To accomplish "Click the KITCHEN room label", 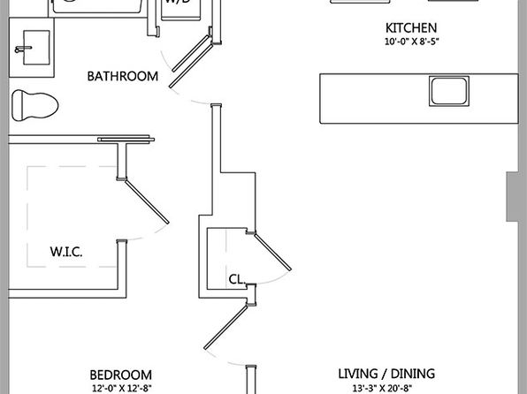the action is [411, 28].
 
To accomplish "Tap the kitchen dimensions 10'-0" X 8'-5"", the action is [412, 42].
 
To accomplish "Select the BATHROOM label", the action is [123, 76].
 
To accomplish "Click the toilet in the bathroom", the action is [35, 105].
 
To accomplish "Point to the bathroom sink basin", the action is [36, 48].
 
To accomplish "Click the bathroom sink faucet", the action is [22, 49].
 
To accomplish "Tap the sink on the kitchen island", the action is [449, 91].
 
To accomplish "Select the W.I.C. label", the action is [66, 252].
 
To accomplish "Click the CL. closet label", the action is [237, 279].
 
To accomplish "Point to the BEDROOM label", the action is [120, 375].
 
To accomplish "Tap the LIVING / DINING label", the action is [386, 374].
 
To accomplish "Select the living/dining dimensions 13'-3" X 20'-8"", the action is [383, 389].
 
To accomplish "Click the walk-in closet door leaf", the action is [147, 201].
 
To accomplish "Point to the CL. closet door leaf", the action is [273, 252].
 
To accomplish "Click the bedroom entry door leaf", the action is [226, 327].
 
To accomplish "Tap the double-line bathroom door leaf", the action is [191, 62].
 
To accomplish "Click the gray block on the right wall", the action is [516, 196].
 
